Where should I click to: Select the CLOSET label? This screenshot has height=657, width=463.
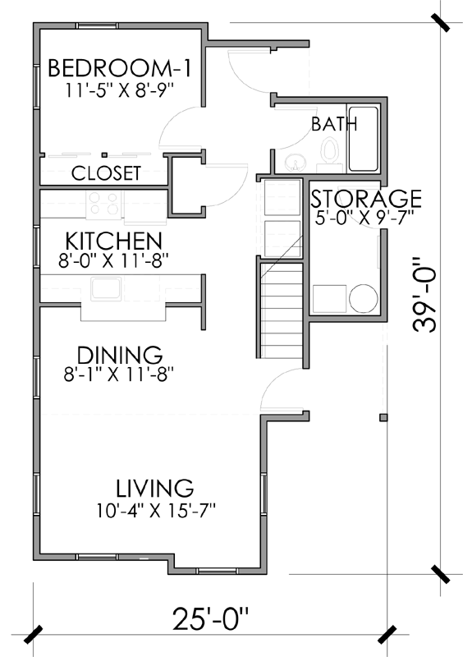click(106, 174)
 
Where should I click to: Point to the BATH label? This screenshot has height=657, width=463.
click(334, 125)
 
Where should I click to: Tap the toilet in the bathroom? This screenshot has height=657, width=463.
click(330, 154)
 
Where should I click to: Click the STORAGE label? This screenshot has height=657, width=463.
click(365, 199)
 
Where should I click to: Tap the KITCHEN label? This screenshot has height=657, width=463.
click(112, 241)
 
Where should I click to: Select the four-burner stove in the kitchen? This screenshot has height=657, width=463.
click(104, 203)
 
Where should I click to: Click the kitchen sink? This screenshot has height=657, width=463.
click(106, 289)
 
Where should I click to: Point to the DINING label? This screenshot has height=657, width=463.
click(120, 355)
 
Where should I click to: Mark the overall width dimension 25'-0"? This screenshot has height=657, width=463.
click(209, 618)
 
